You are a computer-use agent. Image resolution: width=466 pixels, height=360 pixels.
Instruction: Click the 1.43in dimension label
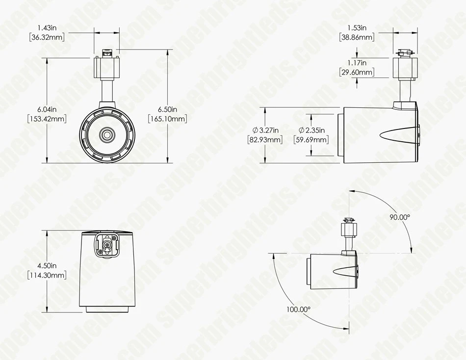[47, 27]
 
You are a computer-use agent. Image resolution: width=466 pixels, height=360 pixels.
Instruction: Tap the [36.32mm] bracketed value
[47, 37]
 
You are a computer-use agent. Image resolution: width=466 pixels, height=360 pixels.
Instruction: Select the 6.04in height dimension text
[47, 109]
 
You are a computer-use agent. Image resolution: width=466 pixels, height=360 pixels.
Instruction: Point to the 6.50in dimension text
[167, 109]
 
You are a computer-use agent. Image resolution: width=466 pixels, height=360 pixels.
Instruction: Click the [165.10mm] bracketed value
[167, 119]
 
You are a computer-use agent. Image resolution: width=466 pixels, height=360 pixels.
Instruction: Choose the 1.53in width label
[357, 27]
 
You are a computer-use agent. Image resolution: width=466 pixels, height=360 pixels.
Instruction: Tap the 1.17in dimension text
[357, 63]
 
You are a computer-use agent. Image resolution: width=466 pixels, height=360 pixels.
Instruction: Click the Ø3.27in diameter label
[265, 130]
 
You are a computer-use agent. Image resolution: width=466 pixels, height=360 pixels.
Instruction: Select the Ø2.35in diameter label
[311, 130]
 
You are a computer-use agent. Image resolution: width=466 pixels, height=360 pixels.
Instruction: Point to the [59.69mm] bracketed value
[311, 140]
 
